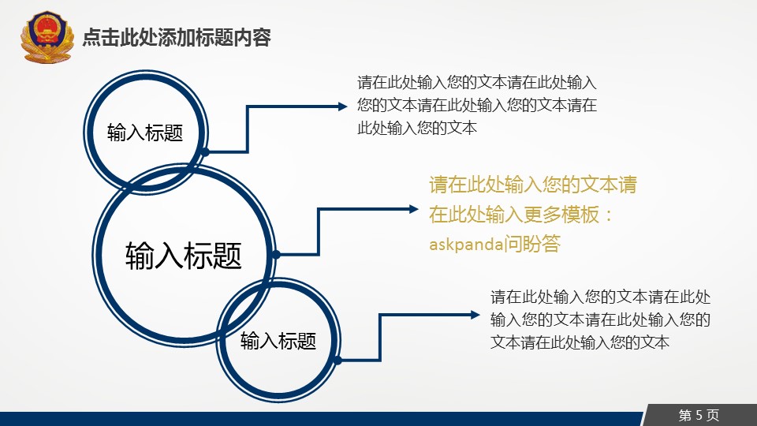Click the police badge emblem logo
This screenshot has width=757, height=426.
[47, 37]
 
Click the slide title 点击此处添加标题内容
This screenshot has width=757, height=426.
[177, 38]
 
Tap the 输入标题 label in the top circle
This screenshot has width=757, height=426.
[145, 133]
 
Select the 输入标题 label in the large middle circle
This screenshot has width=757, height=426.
[184, 255]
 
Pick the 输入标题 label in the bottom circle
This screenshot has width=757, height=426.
[278, 341]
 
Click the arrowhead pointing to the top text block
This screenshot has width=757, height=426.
[343, 106]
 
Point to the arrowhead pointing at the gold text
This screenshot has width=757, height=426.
[414, 209]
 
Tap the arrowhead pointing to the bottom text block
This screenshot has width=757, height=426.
[475, 315]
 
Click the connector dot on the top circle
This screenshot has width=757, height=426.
[205, 152]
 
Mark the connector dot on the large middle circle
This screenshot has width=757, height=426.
[276, 255]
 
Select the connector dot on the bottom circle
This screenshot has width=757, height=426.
[338, 361]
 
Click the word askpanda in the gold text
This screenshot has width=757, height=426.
[466, 245]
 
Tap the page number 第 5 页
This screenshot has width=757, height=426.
[699, 415]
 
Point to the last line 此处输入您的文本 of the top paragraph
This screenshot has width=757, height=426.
[417, 128]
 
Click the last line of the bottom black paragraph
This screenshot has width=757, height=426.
[580, 342]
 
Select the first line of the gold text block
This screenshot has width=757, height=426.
[533, 185]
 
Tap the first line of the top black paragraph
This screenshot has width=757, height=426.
[477, 83]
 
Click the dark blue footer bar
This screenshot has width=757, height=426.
[321, 419]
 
